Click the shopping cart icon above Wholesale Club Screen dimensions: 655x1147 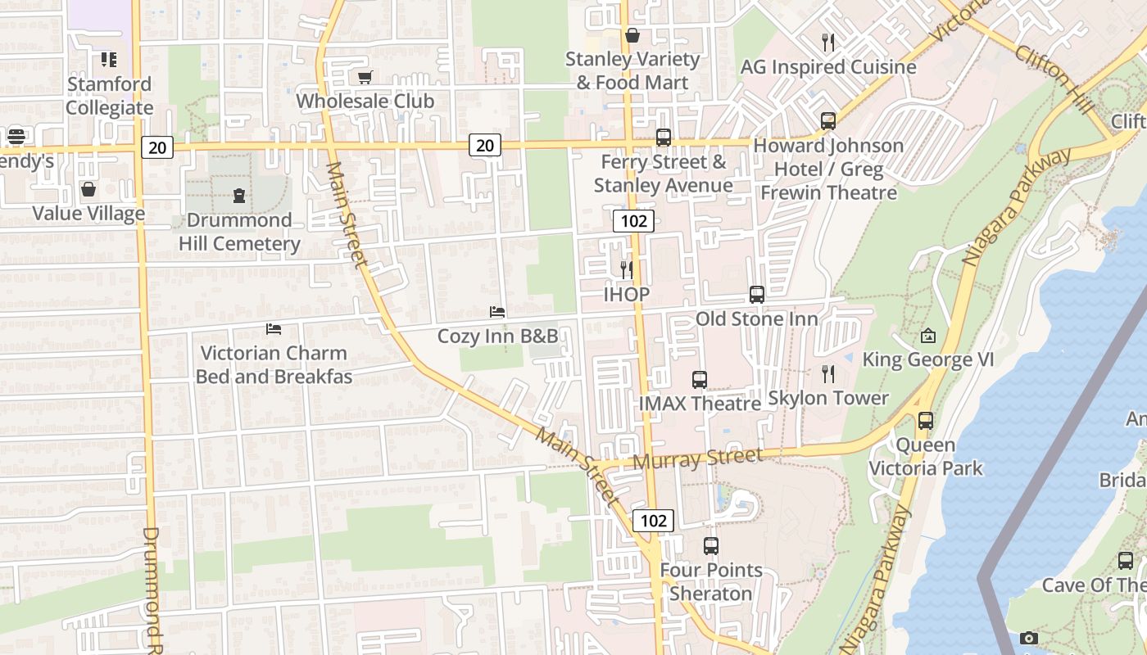[x=365, y=77]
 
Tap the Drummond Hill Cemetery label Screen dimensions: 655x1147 [x=239, y=232]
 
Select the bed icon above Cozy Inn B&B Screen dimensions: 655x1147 [x=496, y=312]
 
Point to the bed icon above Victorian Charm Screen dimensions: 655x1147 [x=274, y=329]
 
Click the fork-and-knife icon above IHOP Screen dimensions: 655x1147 [x=627, y=269]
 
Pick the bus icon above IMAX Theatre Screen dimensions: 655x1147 [x=699, y=380]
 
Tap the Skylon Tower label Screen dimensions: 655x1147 [x=828, y=399]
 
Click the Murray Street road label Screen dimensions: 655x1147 [x=698, y=458]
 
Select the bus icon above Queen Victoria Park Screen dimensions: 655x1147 [x=926, y=421]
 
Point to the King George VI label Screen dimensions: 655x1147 [x=928, y=360]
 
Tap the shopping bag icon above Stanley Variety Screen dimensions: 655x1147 [x=632, y=35]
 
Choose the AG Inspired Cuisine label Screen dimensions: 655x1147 [x=828, y=67]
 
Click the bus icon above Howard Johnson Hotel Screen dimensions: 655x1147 [x=828, y=121]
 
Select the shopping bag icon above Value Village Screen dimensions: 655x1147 [x=88, y=190]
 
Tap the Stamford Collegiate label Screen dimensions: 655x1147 [x=110, y=96]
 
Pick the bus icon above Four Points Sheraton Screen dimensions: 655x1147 [x=711, y=546]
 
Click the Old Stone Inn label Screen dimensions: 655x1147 [x=757, y=318]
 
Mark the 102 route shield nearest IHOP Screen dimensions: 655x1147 [x=633, y=220]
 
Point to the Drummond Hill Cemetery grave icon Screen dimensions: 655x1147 [x=239, y=195]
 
